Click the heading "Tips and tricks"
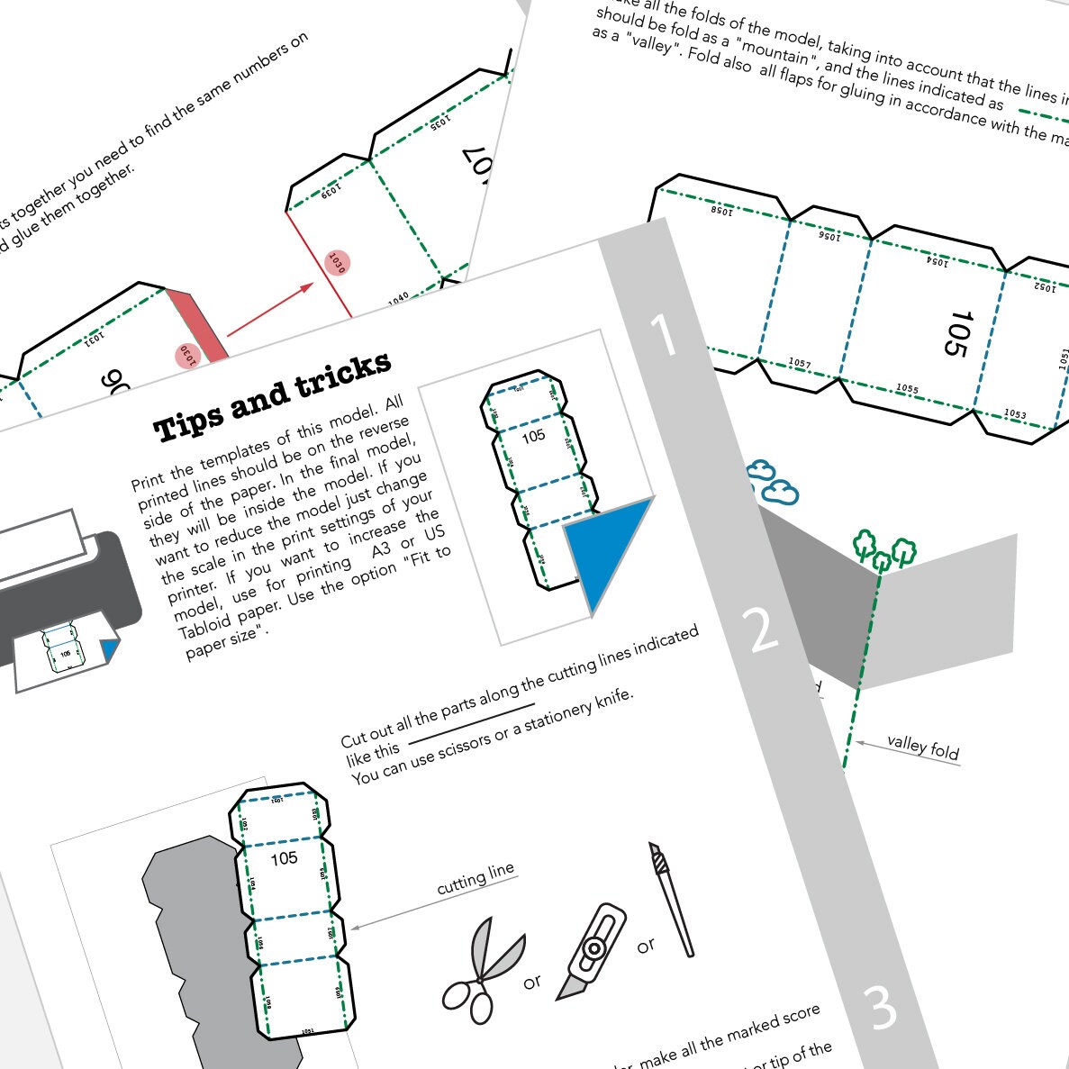(x=273, y=396)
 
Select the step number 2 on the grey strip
(x=762, y=630)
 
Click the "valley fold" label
(x=923, y=747)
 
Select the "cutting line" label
(x=476, y=878)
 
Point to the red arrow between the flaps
(x=270, y=311)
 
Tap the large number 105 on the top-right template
(x=960, y=333)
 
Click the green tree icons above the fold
(x=883, y=549)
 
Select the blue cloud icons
(x=773, y=482)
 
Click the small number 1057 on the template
(x=800, y=363)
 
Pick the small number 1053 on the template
(x=1015, y=413)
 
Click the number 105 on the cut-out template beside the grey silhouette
(x=284, y=858)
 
